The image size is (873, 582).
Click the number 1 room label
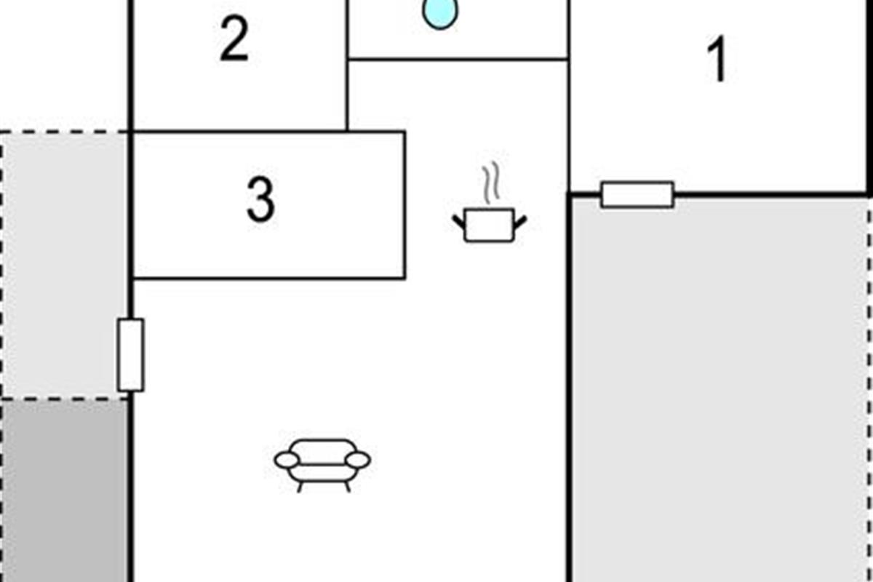pyautogui.click(x=717, y=61)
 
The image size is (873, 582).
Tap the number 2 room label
pyautogui.click(x=234, y=41)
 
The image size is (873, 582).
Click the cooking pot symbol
pyautogui.click(x=489, y=224)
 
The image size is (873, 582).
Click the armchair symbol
pyautogui.click(x=322, y=463)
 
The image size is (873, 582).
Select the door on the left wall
pyautogui.click(x=131, y=355)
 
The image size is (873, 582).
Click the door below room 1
pyautogui.click(x=637, y=195)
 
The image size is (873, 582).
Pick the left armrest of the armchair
pyautogui.click(x=287, y=460)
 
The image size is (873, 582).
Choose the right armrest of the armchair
pyautogui.click(x=358, y=460)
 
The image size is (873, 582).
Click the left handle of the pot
pyautogui.click(x=460, y=220)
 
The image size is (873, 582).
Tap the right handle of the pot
pyautogui.click(x=519, y=220)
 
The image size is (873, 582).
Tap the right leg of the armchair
pyautogui.click(x=347, y=485)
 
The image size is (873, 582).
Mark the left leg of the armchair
pyautogui.click(x=300, y=485)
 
